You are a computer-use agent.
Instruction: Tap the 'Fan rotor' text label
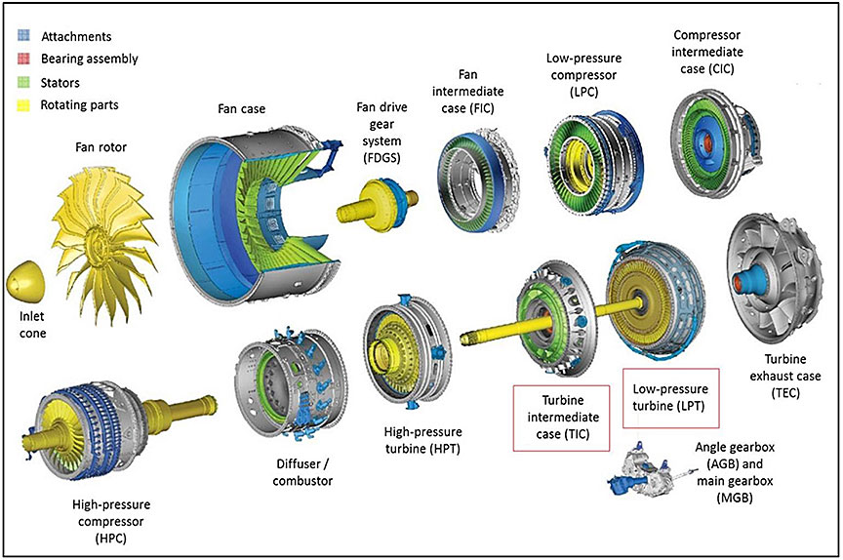[103, 148]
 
